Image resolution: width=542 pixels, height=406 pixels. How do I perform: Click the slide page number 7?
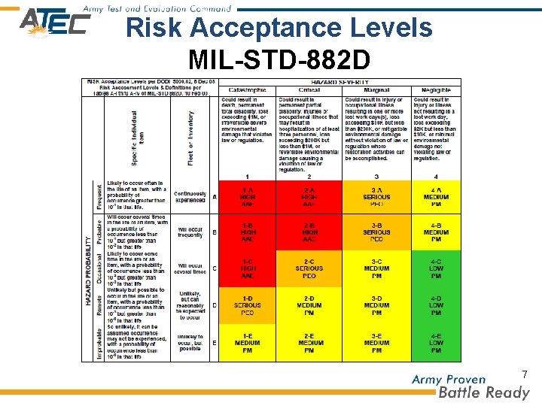pos(525,374)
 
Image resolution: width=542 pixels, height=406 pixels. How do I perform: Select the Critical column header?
pos(309,90)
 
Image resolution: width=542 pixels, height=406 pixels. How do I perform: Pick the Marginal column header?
pos(376,90)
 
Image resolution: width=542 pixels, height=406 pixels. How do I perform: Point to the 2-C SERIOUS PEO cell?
pos(309,268)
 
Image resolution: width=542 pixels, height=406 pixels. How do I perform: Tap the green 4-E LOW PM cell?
pos(435,343)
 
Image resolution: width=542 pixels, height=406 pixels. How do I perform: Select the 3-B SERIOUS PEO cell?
pos(376,232)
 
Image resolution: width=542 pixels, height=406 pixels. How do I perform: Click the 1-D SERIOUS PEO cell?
pos(247,305)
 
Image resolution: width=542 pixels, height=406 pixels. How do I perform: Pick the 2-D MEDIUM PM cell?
pos(309,305)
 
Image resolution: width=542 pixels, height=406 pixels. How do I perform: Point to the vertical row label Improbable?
pos(99,343)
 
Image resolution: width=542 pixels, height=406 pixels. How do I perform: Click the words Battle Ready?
pos(484,392)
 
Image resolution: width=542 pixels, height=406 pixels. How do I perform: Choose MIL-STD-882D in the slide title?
pos(279,59)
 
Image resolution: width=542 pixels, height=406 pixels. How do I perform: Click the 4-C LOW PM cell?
pos(435,268)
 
